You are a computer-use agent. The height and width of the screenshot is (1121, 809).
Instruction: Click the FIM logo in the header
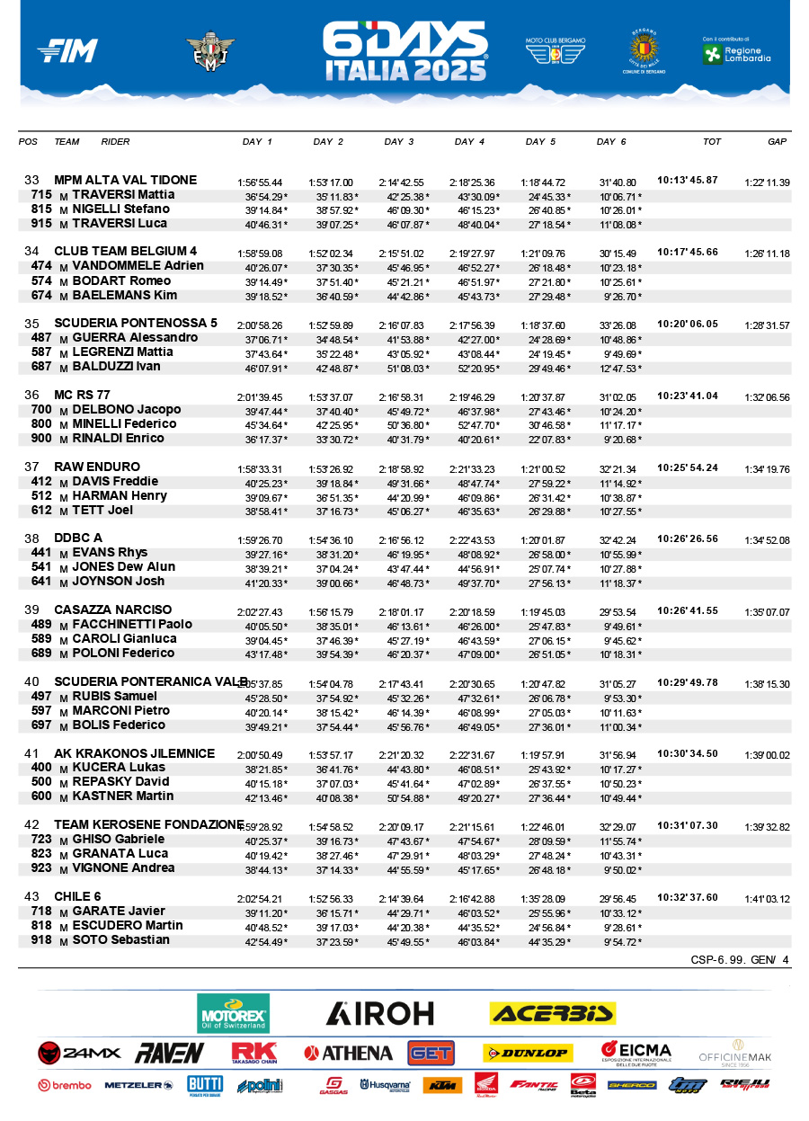(67, 51)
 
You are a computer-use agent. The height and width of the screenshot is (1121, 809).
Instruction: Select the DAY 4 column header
(469, 142)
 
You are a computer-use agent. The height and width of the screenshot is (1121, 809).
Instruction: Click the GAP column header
(777, 142)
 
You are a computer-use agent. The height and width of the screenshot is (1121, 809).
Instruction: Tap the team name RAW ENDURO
(97, 467)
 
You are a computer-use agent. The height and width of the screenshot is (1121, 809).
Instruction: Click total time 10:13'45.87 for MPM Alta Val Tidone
(688, 180)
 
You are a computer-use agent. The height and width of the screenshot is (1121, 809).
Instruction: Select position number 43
(32, 897)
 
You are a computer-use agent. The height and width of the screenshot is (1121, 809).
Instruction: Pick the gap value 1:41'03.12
(767, 898)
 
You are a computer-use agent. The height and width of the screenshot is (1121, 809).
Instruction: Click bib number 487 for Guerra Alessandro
(41, 338)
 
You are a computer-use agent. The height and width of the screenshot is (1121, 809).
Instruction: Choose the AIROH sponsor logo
(379, 1014)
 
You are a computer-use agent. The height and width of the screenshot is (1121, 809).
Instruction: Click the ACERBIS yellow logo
(552, 1014)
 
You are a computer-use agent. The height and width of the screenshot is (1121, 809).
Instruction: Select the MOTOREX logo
(233, 1014)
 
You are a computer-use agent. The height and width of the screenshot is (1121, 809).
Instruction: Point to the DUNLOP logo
(527, 1053)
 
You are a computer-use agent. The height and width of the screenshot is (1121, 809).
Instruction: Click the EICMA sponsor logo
(636, 1053)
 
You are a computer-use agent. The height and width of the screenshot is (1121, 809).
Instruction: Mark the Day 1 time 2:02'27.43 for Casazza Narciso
(260, 611)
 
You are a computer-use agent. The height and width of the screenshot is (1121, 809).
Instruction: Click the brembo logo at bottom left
(65, 1085)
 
